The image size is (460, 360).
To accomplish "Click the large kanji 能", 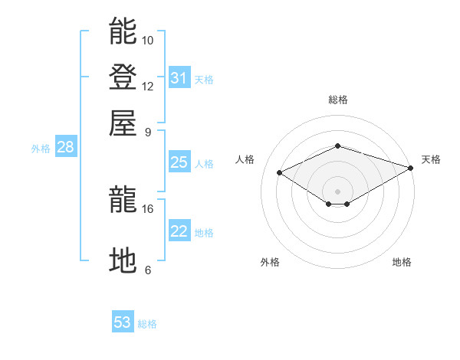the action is (x=123, y=31).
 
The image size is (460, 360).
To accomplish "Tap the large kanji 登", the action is (x=123, y=77).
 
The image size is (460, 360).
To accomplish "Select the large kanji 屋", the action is (x=123, y=123).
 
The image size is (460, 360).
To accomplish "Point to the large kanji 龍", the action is (x=123, y=198).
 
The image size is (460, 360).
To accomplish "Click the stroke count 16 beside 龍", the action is (x=147, y=209).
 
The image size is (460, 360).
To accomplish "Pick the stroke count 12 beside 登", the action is (x=147, y=87).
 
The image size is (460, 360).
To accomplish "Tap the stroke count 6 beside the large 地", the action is (x=148, y=270).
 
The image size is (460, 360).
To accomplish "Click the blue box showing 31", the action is (x=179, y=77).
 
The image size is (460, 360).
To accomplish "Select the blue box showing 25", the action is (x=179, y=162).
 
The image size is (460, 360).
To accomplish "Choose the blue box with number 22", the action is (x=179, y=230).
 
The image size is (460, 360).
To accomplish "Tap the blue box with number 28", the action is (x=66, y=146).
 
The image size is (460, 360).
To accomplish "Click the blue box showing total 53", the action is (x=123, y=321).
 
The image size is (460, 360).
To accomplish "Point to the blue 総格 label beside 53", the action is (x=147, y=324).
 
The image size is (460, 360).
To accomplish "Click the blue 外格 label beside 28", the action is (x=41, y=149).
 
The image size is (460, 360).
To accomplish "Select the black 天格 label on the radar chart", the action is (x=431, y=159).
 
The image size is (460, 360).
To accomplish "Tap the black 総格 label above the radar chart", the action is (x=338, y=100).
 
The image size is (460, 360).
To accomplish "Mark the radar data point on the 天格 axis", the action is (x=411, y=168).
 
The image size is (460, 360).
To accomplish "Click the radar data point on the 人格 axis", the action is (x=280, y=172).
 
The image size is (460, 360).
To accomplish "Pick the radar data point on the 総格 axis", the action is (x=337, y=146).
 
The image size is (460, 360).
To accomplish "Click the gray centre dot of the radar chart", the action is (x=337, y=191).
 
